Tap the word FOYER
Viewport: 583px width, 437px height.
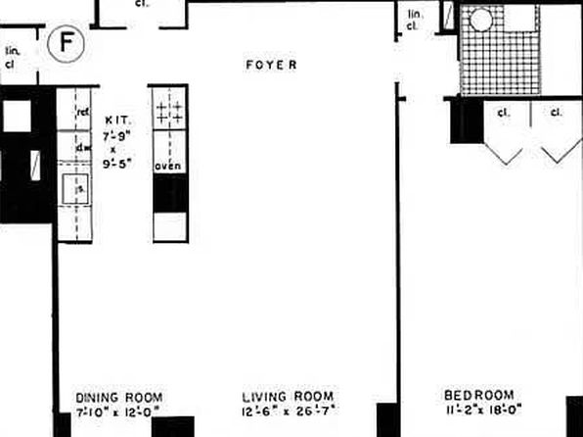(x=271, y=66)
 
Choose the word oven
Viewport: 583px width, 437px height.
(x=168, y=167)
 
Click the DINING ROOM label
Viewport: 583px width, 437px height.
(x=117, y=397)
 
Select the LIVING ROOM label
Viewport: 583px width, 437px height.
(x=281, y=397)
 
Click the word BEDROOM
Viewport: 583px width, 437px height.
(x=476, y=397)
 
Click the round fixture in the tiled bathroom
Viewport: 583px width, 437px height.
(x=481, y=20)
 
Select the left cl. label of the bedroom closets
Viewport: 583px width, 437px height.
(x=504, y=113)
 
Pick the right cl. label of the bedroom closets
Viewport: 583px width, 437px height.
(x=557, y=113)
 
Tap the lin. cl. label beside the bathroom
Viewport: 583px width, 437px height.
(x=414, y=20)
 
